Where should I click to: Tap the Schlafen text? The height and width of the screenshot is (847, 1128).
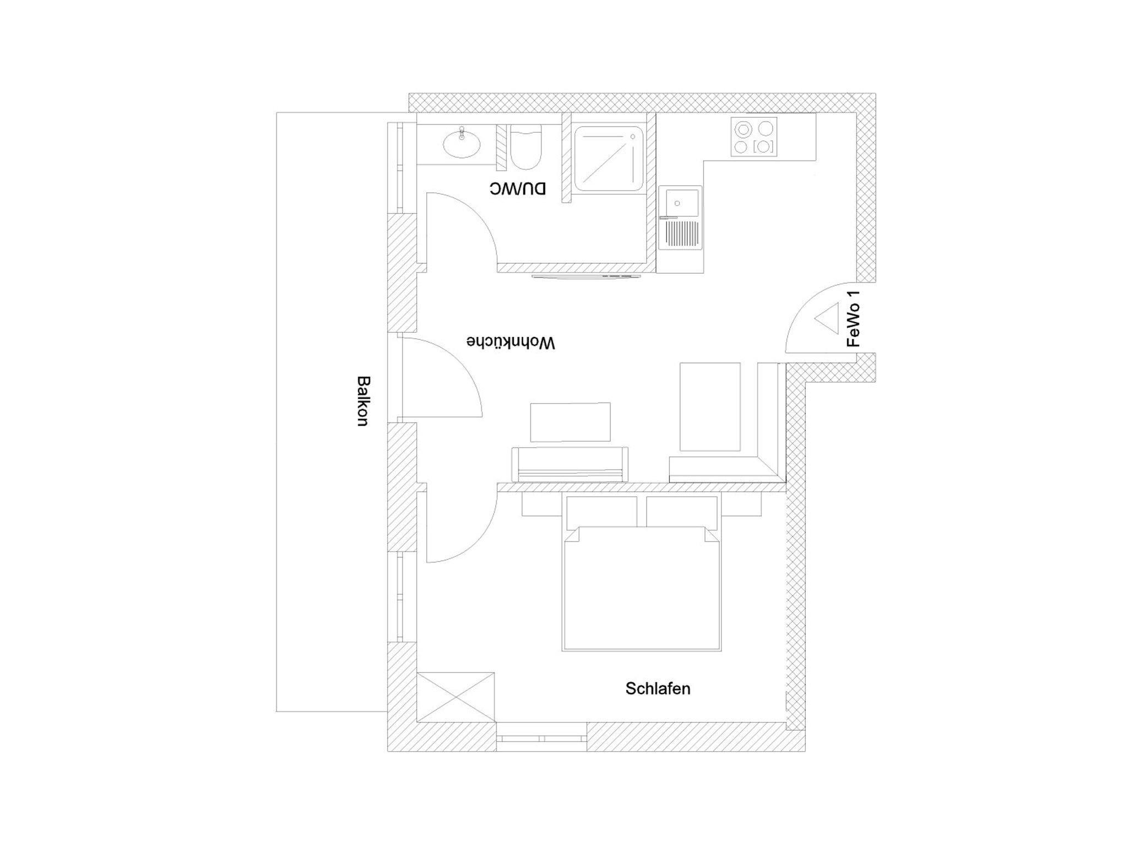coord(658,688)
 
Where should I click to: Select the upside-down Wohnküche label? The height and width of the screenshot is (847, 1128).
coord(511,342)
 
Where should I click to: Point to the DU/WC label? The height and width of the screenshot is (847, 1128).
coord(518,189)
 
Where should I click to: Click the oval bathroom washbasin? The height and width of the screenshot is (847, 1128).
coord(462,143)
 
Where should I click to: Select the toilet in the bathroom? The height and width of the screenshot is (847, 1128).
coord(526,147)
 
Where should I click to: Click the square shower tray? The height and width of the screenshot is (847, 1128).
coord(609,159)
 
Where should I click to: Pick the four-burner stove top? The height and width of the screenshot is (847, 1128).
coord(754,137)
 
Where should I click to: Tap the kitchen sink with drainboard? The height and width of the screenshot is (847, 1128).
coord(681,218)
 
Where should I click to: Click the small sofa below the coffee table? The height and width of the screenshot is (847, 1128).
coord(570,464)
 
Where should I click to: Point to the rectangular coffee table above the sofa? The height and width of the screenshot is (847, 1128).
coord(570,422)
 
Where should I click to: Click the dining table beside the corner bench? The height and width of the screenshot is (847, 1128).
coord(710,406)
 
